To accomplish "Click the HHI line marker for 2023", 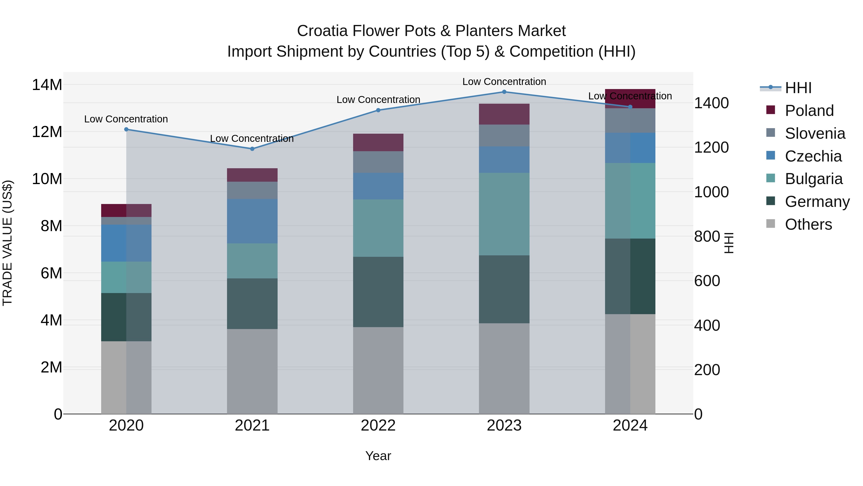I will (504, 92).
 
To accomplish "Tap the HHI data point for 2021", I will (252, 149).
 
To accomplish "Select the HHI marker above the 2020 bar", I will (126, 129).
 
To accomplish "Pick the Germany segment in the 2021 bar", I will (252, 304).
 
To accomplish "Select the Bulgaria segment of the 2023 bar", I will (504, 214).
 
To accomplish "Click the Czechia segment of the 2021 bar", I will (252, 221).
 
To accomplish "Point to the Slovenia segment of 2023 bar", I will (504, 136).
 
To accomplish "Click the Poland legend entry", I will (809, 111).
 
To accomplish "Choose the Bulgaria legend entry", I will (813, 179).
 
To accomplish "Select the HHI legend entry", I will (798, 88).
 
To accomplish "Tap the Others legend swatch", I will (770, 224).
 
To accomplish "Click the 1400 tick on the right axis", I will (711, 103).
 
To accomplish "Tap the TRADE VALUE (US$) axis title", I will (7, 243).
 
